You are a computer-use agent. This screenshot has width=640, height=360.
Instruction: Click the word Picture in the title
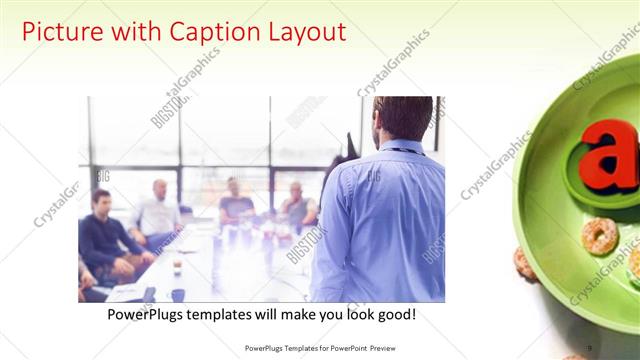(62, 32)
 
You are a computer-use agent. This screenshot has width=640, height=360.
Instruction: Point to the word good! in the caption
(393, 315)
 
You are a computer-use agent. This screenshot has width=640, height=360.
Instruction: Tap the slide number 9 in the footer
(590, 348)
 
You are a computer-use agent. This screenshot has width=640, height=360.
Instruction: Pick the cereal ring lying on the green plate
(599, 237)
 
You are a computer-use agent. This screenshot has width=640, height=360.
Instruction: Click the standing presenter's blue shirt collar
(400, 146)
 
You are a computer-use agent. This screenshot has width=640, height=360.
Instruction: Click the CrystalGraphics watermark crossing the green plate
(600, 270)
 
